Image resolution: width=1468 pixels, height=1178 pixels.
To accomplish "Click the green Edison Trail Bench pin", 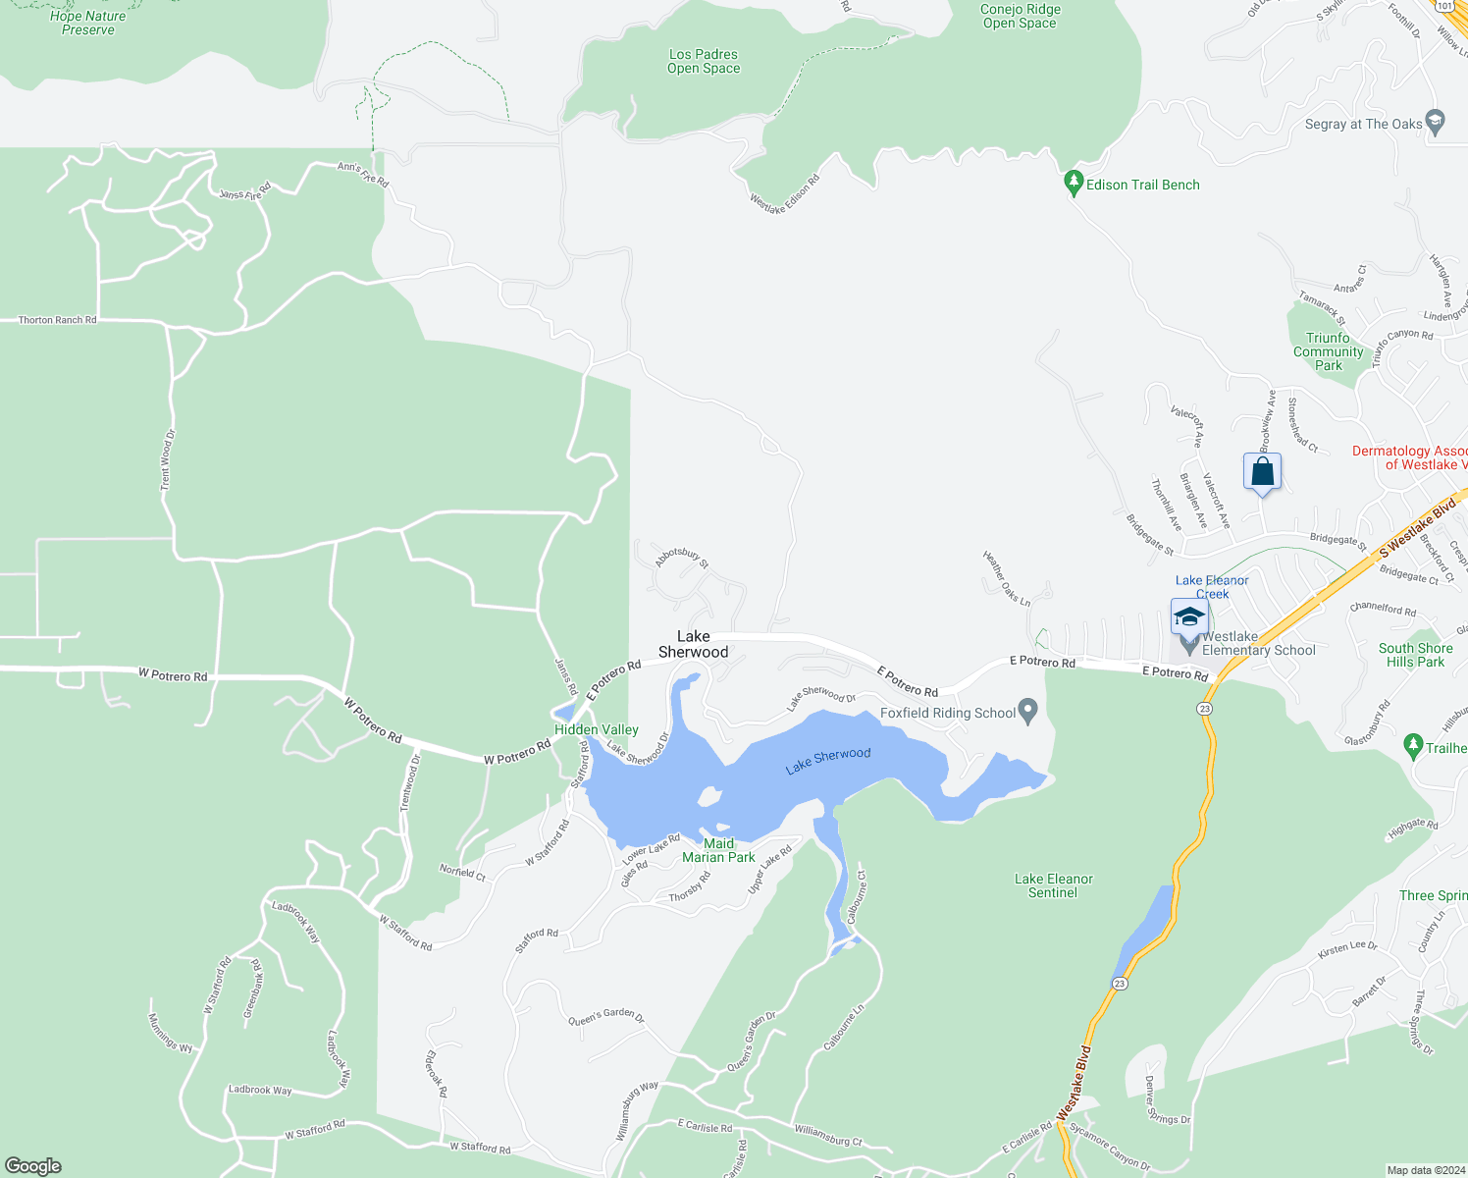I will tap(1074, 184).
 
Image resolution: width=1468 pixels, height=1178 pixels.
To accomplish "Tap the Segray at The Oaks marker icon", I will tap(1435, 123).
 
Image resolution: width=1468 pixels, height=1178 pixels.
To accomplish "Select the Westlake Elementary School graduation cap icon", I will tap(1189, 617).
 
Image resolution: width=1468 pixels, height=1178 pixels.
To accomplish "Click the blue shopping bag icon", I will tap(1262, 472).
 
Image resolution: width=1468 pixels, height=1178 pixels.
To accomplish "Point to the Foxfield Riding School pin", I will tap(1027, 712).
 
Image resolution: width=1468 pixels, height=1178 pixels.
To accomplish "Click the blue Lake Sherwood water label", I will tap(827, 761).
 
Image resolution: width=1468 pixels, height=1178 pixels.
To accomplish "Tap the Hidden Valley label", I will tap(596, 729).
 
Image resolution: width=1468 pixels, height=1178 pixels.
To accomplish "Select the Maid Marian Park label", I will tap(718, 850).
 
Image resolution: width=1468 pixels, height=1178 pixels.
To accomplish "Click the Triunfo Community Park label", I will tap(1328, 351).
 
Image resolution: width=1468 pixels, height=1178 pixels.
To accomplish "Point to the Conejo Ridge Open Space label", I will tap(1020, 16).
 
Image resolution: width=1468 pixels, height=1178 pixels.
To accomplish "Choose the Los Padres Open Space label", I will tap(703, 61).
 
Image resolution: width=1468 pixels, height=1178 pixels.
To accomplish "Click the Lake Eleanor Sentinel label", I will tap(1053, 885).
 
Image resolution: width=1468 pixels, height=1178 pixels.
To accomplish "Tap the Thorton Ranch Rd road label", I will tap(57, 320).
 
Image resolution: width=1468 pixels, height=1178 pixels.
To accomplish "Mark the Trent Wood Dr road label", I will tap(167, 459).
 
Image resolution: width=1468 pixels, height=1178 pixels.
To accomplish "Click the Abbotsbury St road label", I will tap(681, 558).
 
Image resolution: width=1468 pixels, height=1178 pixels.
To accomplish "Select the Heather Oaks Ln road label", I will tap(1007, 578).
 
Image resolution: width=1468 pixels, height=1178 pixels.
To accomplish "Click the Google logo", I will tap(33, 1165).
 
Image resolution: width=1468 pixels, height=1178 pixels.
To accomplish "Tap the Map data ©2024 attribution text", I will tap(1425, 1170).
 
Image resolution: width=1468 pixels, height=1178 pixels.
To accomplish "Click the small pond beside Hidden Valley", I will tap(563, 713).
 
